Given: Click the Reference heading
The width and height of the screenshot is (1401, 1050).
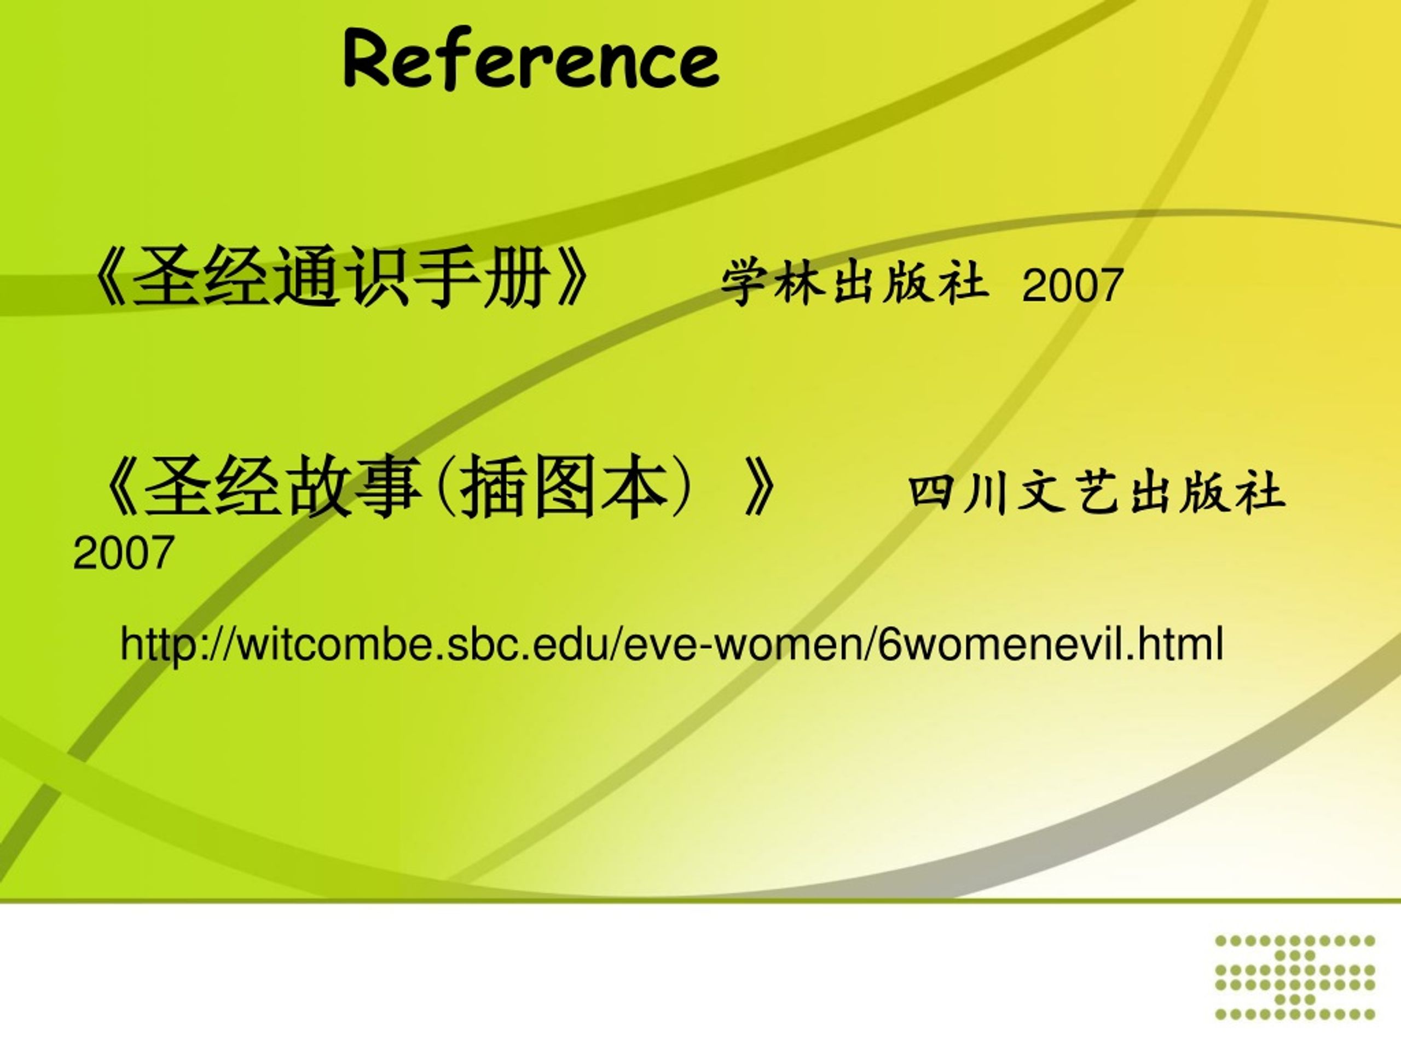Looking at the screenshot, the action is pos(531,58).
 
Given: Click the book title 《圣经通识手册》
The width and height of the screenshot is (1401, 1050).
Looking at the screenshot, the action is pos(342,277).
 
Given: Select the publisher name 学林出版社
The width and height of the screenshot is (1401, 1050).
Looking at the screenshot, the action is pos(854,282).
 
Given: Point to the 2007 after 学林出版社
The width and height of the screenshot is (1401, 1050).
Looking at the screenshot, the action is pos(1072,285).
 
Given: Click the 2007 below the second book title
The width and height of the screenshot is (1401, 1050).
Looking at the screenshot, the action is pos(124,552).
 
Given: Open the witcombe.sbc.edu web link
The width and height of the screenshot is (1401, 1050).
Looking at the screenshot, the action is pos(672,644).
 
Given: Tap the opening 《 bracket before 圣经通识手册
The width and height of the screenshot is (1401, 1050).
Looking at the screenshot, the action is pos(111,277).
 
